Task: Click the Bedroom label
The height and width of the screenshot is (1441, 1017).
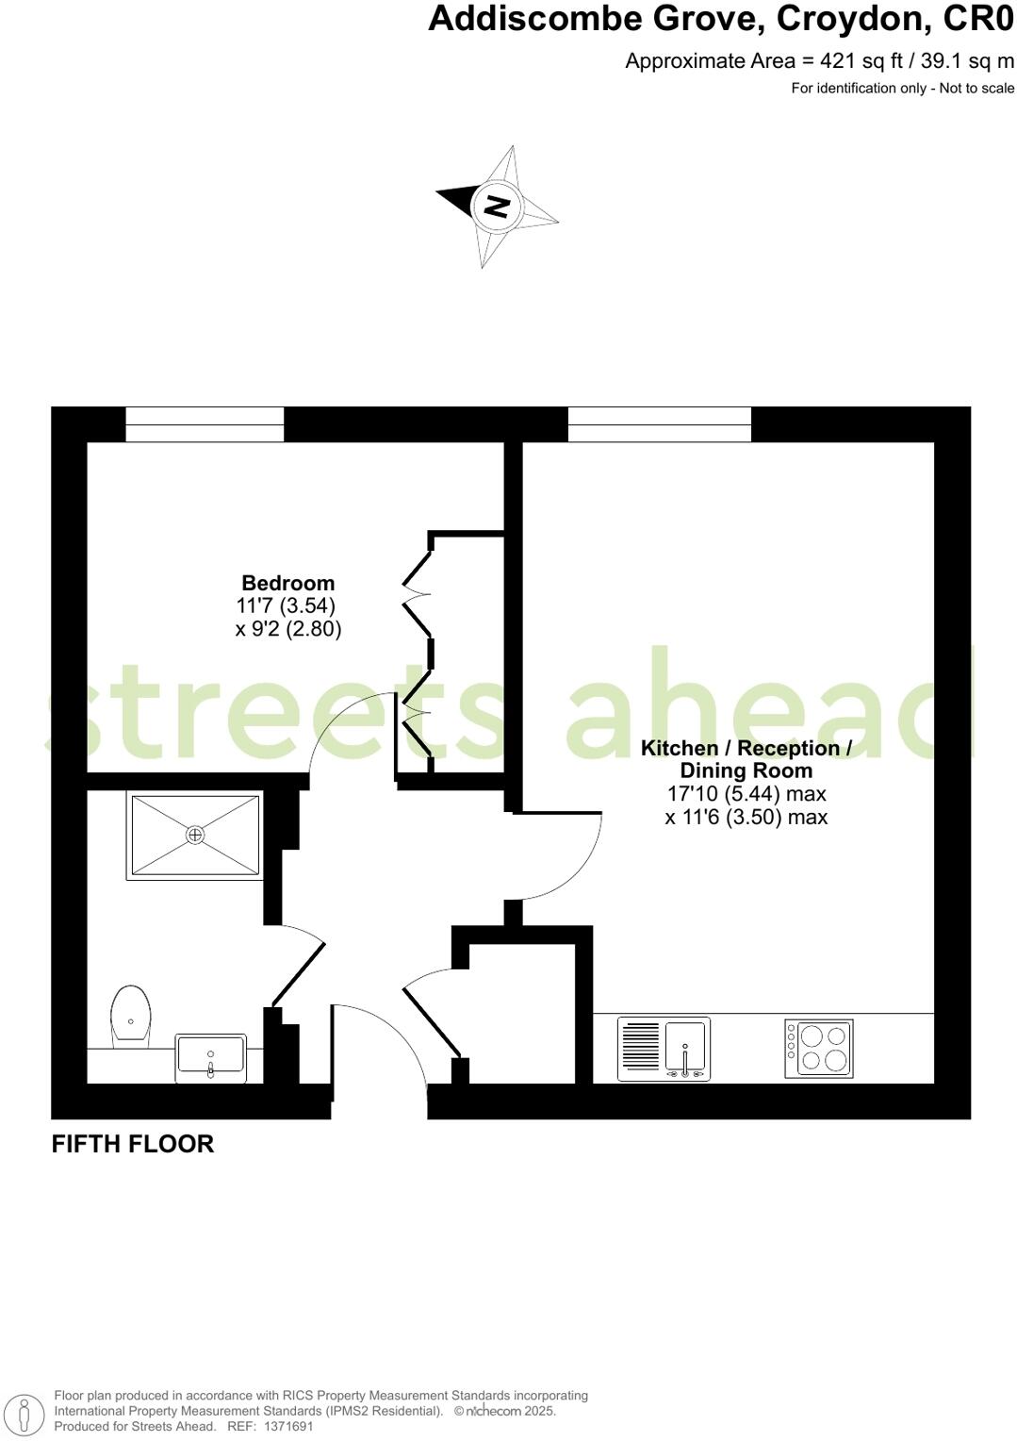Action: pyautogui.click(x=287, y=583)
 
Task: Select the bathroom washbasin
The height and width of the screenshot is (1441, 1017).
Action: pyautogui.click(x=210, y=1058)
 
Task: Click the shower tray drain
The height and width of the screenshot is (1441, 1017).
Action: pyautogui.click(x=195, y=835)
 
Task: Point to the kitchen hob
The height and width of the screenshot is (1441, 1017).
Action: pyautogui.click(x=819, y=1048)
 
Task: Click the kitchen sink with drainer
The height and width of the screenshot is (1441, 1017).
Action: pyautogui.click(x=664, y=1049)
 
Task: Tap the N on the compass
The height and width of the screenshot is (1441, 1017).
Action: pyautogui.click(x=497, y=205)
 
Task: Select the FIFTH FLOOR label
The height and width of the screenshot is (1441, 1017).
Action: pyautogui.click(x=133, y=1144)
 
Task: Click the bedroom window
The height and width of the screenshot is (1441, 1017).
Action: pyautogui.click(x=205, y=424)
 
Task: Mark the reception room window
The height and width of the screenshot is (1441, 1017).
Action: pyautogui.click(x=659, y=424)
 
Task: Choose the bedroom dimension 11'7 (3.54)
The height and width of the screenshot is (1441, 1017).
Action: pyautogui.click(x=287, y=605)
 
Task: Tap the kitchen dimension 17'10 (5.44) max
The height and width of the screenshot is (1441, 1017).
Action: pyautogui.click(x=746, y=794)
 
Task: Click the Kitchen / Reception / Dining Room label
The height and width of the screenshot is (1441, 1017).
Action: pyautogui.click(x=746, y=759)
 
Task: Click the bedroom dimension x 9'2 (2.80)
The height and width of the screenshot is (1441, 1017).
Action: pyautogui.click(x=288, y=629)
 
